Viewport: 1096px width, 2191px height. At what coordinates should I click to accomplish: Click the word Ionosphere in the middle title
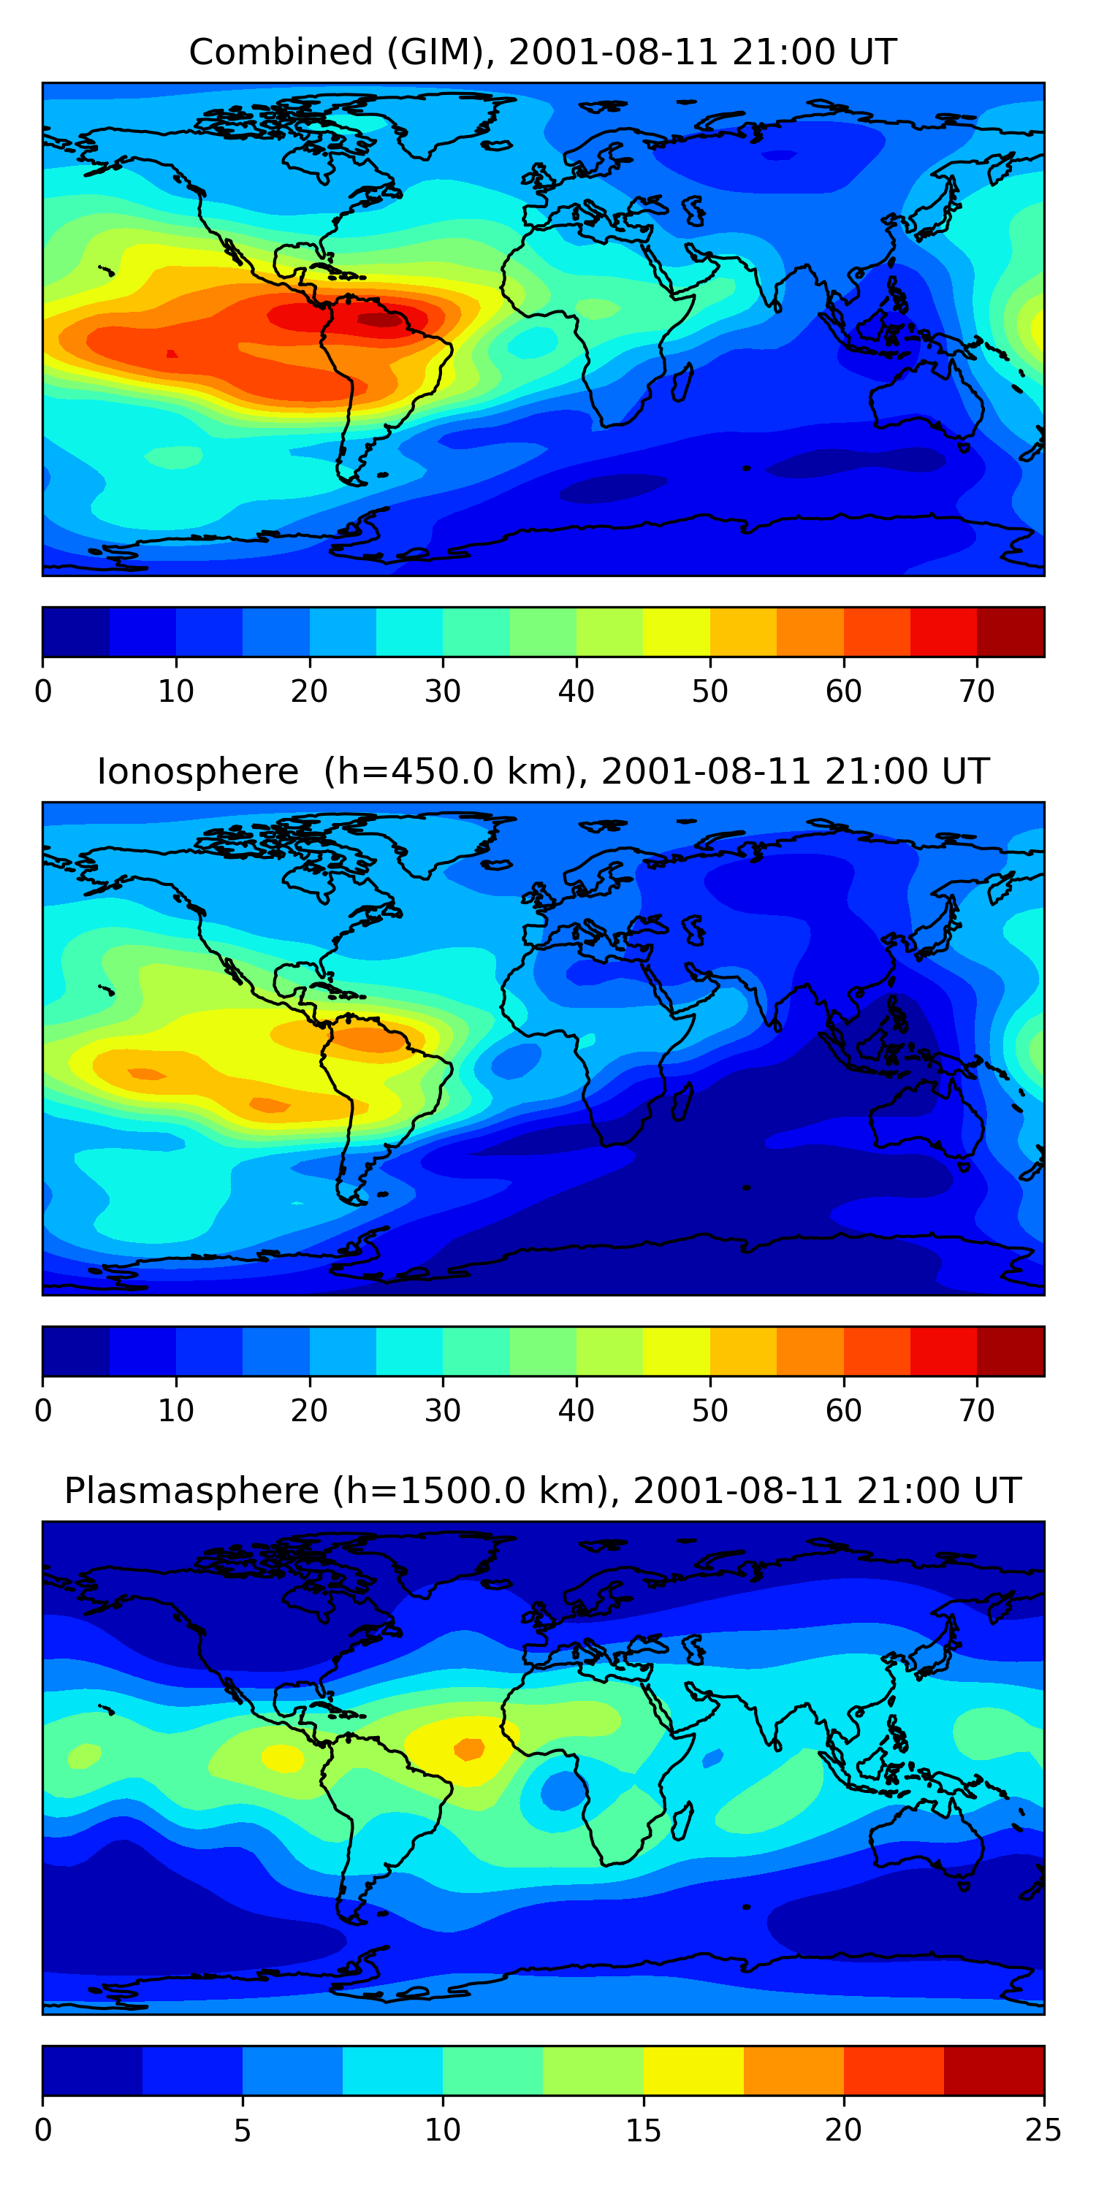[197, 771]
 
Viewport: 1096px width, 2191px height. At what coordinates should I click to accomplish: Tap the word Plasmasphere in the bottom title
[191, 1491]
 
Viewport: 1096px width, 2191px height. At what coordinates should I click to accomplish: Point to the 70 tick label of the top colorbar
[977, 692]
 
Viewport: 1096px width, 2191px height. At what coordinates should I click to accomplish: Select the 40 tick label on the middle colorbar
[576, 1411]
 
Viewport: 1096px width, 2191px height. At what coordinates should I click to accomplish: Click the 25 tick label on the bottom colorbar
[1043, 2130]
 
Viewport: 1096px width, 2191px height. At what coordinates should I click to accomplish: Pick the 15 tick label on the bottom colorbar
[643, 2130]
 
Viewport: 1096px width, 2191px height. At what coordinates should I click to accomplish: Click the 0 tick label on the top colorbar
[43, 692]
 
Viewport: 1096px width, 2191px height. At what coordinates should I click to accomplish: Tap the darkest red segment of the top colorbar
[1010, 632]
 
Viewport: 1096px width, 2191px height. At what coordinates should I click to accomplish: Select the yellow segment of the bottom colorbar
[693, 2070]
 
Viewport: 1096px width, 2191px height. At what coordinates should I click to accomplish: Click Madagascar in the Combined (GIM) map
[682, 382]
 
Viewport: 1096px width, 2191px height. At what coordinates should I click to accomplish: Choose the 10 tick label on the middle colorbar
[176, 1411]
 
